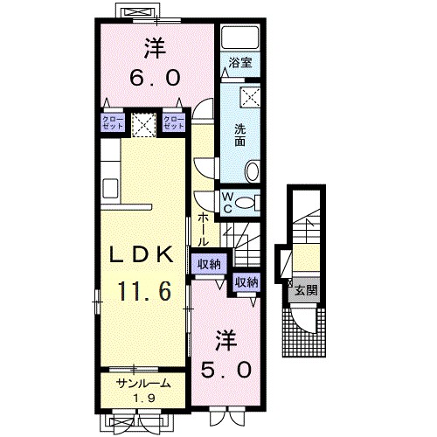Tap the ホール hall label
point(203,228)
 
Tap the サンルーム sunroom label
point(141,383)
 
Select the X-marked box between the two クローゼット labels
point(142,123)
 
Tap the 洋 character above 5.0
point(226,336)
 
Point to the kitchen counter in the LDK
point(111,170)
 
